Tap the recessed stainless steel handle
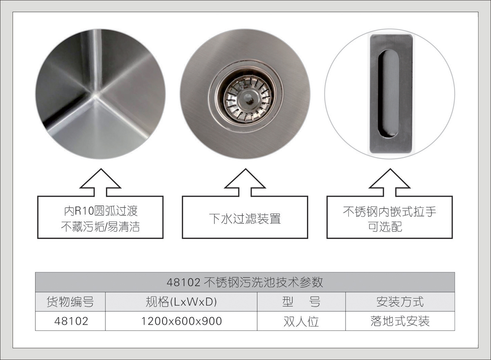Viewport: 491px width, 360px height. coord(390,94)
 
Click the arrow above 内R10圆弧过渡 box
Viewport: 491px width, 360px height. coord(100,182)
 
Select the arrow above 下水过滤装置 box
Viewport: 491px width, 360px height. coord(245,182)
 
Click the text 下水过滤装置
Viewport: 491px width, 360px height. coord(245,218)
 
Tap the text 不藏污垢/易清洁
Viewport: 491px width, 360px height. coord(100,227)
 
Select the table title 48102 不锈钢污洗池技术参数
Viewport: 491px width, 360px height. coord(245,282)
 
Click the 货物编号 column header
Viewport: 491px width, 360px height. coord(70,302)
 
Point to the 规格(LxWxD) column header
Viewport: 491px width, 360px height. coord(181,302)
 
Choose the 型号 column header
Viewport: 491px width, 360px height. coord(301,302)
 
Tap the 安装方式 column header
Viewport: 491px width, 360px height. coord(400,302)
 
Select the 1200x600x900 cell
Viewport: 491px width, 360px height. coord(181,321)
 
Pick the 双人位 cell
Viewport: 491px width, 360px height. coord(301,321)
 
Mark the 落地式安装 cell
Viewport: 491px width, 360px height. coord(400,321)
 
